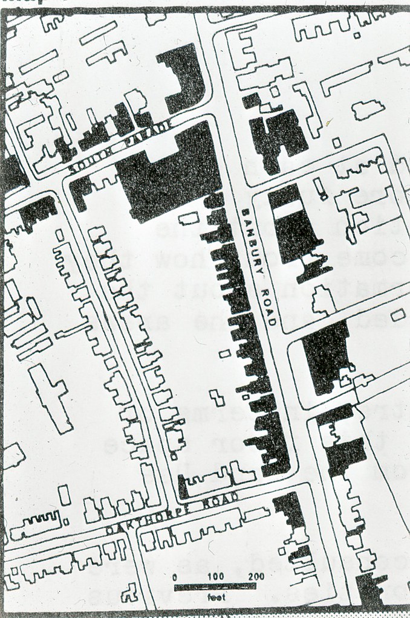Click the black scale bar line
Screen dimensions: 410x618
click(215, 586)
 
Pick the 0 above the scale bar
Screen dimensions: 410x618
click(175, 576)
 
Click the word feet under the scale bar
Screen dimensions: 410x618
click(215, 597)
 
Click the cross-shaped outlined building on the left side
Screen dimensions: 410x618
click(51, 396)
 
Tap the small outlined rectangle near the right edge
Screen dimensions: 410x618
click(398, 314)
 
